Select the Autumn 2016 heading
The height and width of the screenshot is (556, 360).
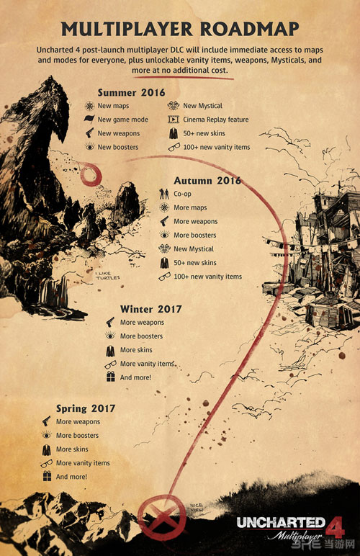pyautogui.click(x=207, y=181)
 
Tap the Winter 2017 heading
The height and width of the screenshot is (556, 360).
pyautogui.click(x=150, y=309)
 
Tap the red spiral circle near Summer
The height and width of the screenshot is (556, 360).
pyautogui.click(x=93, y=174)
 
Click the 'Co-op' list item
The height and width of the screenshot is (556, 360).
pyautogui.click(x=183, y=194)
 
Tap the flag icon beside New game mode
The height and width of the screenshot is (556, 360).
pyautogui.click(x=88, y=120)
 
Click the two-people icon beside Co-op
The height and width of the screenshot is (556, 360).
pyautogui.click(x=163, y=194)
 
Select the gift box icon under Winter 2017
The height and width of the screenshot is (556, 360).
pyautogui.click(x=110, y=377)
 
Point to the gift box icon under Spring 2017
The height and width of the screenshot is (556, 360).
pyautogui.click(x=46, y=477)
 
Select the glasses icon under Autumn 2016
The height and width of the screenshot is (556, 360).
pyautogui.click(x=164, y=277)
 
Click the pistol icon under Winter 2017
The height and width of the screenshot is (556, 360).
pyautogui.click(x=110, y=323)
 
